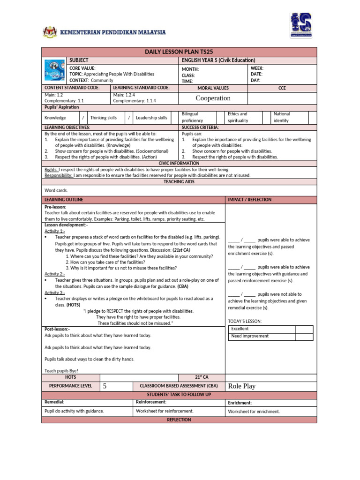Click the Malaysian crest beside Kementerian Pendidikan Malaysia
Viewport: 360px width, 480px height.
tap(49, 32)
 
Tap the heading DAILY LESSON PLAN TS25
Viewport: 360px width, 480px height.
tap(179, 52)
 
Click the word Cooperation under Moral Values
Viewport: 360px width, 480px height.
tap(213, 98)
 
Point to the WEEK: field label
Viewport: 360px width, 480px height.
tap(257, 68)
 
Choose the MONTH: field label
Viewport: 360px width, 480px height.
tap(190, 69)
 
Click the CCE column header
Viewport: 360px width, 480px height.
tap(282, 88)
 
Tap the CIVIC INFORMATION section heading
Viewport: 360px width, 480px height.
tap(179, 163)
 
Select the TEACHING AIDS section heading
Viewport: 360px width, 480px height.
tap(179, 181)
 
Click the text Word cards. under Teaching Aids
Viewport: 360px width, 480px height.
tap(56, 191)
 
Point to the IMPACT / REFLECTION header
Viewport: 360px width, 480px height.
tap(250, 200)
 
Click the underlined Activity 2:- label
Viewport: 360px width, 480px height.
tap(55, 274)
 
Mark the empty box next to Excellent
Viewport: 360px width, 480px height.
tap(304, 329)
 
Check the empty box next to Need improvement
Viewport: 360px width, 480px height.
tap(304, 336)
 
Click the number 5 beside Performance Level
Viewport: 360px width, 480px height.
tap(105, 386)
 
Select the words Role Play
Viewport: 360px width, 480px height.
tap(241, 386)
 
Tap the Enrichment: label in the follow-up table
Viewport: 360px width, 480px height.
tap(240, 403)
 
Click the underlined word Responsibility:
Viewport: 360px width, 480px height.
tap(58, 175)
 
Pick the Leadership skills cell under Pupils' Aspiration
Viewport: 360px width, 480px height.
tap(151, 118)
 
